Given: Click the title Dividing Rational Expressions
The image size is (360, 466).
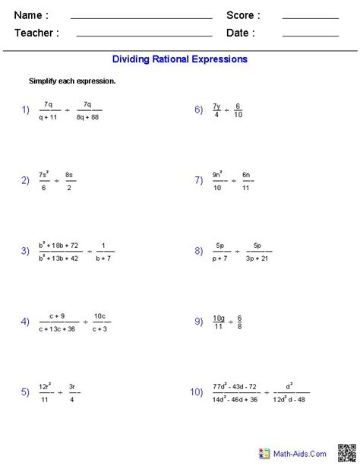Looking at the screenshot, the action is point(180,59).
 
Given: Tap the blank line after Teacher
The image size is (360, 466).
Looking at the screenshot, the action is point(144,34).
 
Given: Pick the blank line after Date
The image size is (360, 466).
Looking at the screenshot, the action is point(310,34).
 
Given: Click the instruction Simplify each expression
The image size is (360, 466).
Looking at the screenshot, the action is point(72,81).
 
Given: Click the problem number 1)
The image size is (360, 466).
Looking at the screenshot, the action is point(26,110).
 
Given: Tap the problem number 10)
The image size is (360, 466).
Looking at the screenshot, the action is point(196,392).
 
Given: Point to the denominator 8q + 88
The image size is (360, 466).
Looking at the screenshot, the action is point(88,116).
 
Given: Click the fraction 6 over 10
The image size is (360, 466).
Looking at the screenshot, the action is point(238,109).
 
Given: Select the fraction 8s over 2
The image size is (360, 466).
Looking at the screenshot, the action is point(69,180).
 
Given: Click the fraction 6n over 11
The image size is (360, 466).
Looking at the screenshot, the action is point(246,180).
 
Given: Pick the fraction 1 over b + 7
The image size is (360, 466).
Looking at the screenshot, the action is point(105,252).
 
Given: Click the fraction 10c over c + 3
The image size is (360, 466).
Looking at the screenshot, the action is point(99,322).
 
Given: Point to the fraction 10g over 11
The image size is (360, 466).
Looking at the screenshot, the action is point(219,322).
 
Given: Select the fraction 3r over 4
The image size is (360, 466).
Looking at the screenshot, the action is point(72,392).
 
